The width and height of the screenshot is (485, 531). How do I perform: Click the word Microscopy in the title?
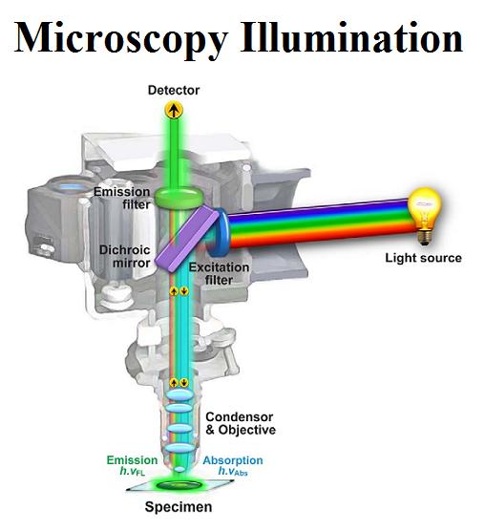pyautogui.click(x=121, y=39)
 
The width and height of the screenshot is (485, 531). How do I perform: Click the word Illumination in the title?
pyautogui.click(x=351, y=37)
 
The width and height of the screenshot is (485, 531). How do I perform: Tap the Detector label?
pyautogui.click(x=174, y=91)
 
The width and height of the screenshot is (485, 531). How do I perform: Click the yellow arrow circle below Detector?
pyautogui.click(x=174, y=110)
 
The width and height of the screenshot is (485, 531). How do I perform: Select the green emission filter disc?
pyautogui.click(x=179, y=198)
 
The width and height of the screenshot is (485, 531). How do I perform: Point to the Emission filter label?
pyautogui.click(x=122, y=198)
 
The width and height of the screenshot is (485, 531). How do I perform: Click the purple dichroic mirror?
pyautogui.click(x=187, y=239)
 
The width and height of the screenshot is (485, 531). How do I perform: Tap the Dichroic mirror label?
pyautogui.click(x=124, y=256)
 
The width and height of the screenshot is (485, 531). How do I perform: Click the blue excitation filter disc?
pyautogui.click(x=221, y=232)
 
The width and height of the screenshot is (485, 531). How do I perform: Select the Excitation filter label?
pyautogui.click(x=219, y=274)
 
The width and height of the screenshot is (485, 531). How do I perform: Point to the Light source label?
pyautogui.click(x=423, y=258)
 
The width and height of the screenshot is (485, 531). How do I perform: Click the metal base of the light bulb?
pyautogui.click(x=426, y=237)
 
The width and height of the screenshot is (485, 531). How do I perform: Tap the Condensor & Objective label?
pyautogui.click(x=241, y=423)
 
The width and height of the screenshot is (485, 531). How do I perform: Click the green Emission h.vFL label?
pyautogui.click(x=132, y=465)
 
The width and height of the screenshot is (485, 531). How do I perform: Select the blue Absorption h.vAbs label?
pyautogui.click(x=233, y=465)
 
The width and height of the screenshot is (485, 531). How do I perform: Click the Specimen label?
pyautogui.click(x=179, y=507)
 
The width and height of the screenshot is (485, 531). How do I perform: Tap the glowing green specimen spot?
pyautogui.click(x=179, y=484)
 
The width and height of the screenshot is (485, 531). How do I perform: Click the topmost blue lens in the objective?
pyautogui.click(x=180, y=394)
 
